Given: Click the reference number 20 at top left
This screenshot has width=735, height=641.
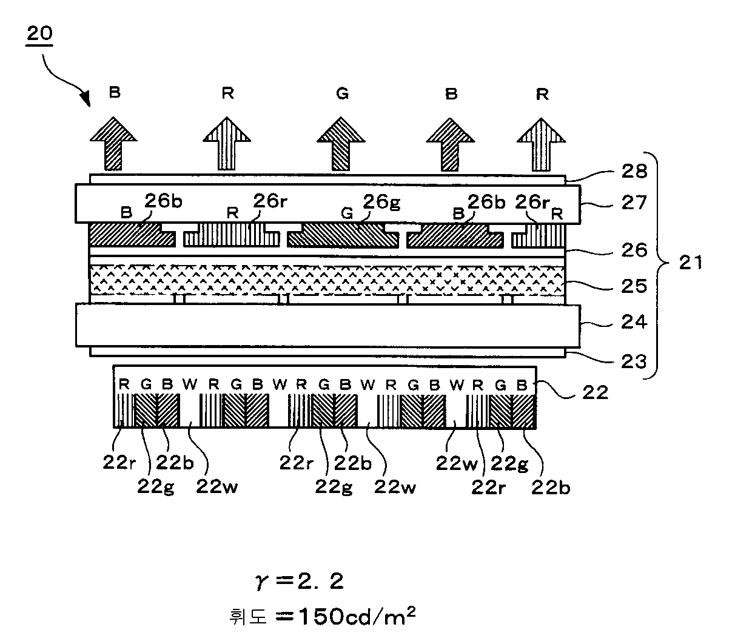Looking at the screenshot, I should tap(39, 34).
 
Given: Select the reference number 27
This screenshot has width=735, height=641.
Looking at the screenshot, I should tap(633, 203).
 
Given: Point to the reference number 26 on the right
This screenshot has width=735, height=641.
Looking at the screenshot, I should tap(634, 250).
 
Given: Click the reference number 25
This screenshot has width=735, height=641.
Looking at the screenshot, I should tap(634, 285).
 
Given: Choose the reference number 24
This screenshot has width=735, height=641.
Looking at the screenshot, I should tap(634, 322).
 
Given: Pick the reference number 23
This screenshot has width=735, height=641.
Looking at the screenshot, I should tap(634, 361).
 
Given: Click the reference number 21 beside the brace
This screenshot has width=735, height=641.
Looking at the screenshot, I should tap(690, 263).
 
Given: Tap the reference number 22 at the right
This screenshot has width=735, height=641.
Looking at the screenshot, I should tap(594, 392).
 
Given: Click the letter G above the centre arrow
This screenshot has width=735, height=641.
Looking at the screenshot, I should tap(342, 94).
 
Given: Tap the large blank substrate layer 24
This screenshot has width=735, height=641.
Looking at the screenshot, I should tap(327, 326).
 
